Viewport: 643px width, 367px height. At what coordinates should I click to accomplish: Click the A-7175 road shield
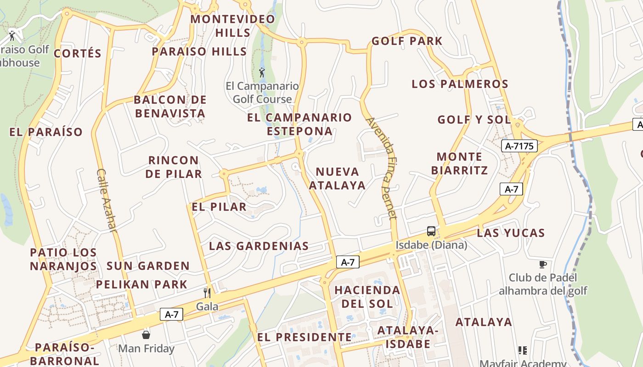point(519,146)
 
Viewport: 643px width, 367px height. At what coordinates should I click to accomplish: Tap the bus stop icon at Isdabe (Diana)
point(431,231)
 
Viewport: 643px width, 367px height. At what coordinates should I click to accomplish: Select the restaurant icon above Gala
point(207,293)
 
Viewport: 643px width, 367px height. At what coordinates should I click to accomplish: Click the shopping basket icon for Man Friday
point(146,335)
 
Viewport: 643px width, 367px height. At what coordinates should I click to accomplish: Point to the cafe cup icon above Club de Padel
point(542,264)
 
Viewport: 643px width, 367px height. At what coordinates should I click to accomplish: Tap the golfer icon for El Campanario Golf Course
point(262,72)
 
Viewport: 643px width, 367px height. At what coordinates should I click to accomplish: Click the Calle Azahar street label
point(107,200)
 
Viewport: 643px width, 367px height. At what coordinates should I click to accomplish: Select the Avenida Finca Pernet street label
point(381,168)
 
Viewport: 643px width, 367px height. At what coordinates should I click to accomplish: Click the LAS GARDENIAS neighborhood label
point(259,246)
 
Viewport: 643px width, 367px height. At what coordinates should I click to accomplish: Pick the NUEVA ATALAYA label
point(337,178)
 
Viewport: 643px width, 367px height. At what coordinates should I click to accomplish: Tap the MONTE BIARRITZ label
point(459,163)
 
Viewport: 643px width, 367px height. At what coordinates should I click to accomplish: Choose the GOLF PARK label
point(406,41)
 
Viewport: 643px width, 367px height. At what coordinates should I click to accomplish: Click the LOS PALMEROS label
point(460,84)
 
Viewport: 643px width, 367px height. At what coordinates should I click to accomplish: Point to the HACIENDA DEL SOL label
point(367,297)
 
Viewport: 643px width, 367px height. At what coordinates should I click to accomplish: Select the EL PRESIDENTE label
point(304,337)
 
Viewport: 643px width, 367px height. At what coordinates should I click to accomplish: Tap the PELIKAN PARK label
point(141,284)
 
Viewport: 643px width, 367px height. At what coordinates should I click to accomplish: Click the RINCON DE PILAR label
point(174,167)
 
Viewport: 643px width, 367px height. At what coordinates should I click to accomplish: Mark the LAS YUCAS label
point(511,233)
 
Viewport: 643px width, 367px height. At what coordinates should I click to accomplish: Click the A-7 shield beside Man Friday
point(171,315)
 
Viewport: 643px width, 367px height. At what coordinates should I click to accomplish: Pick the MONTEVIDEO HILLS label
point(233,26)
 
